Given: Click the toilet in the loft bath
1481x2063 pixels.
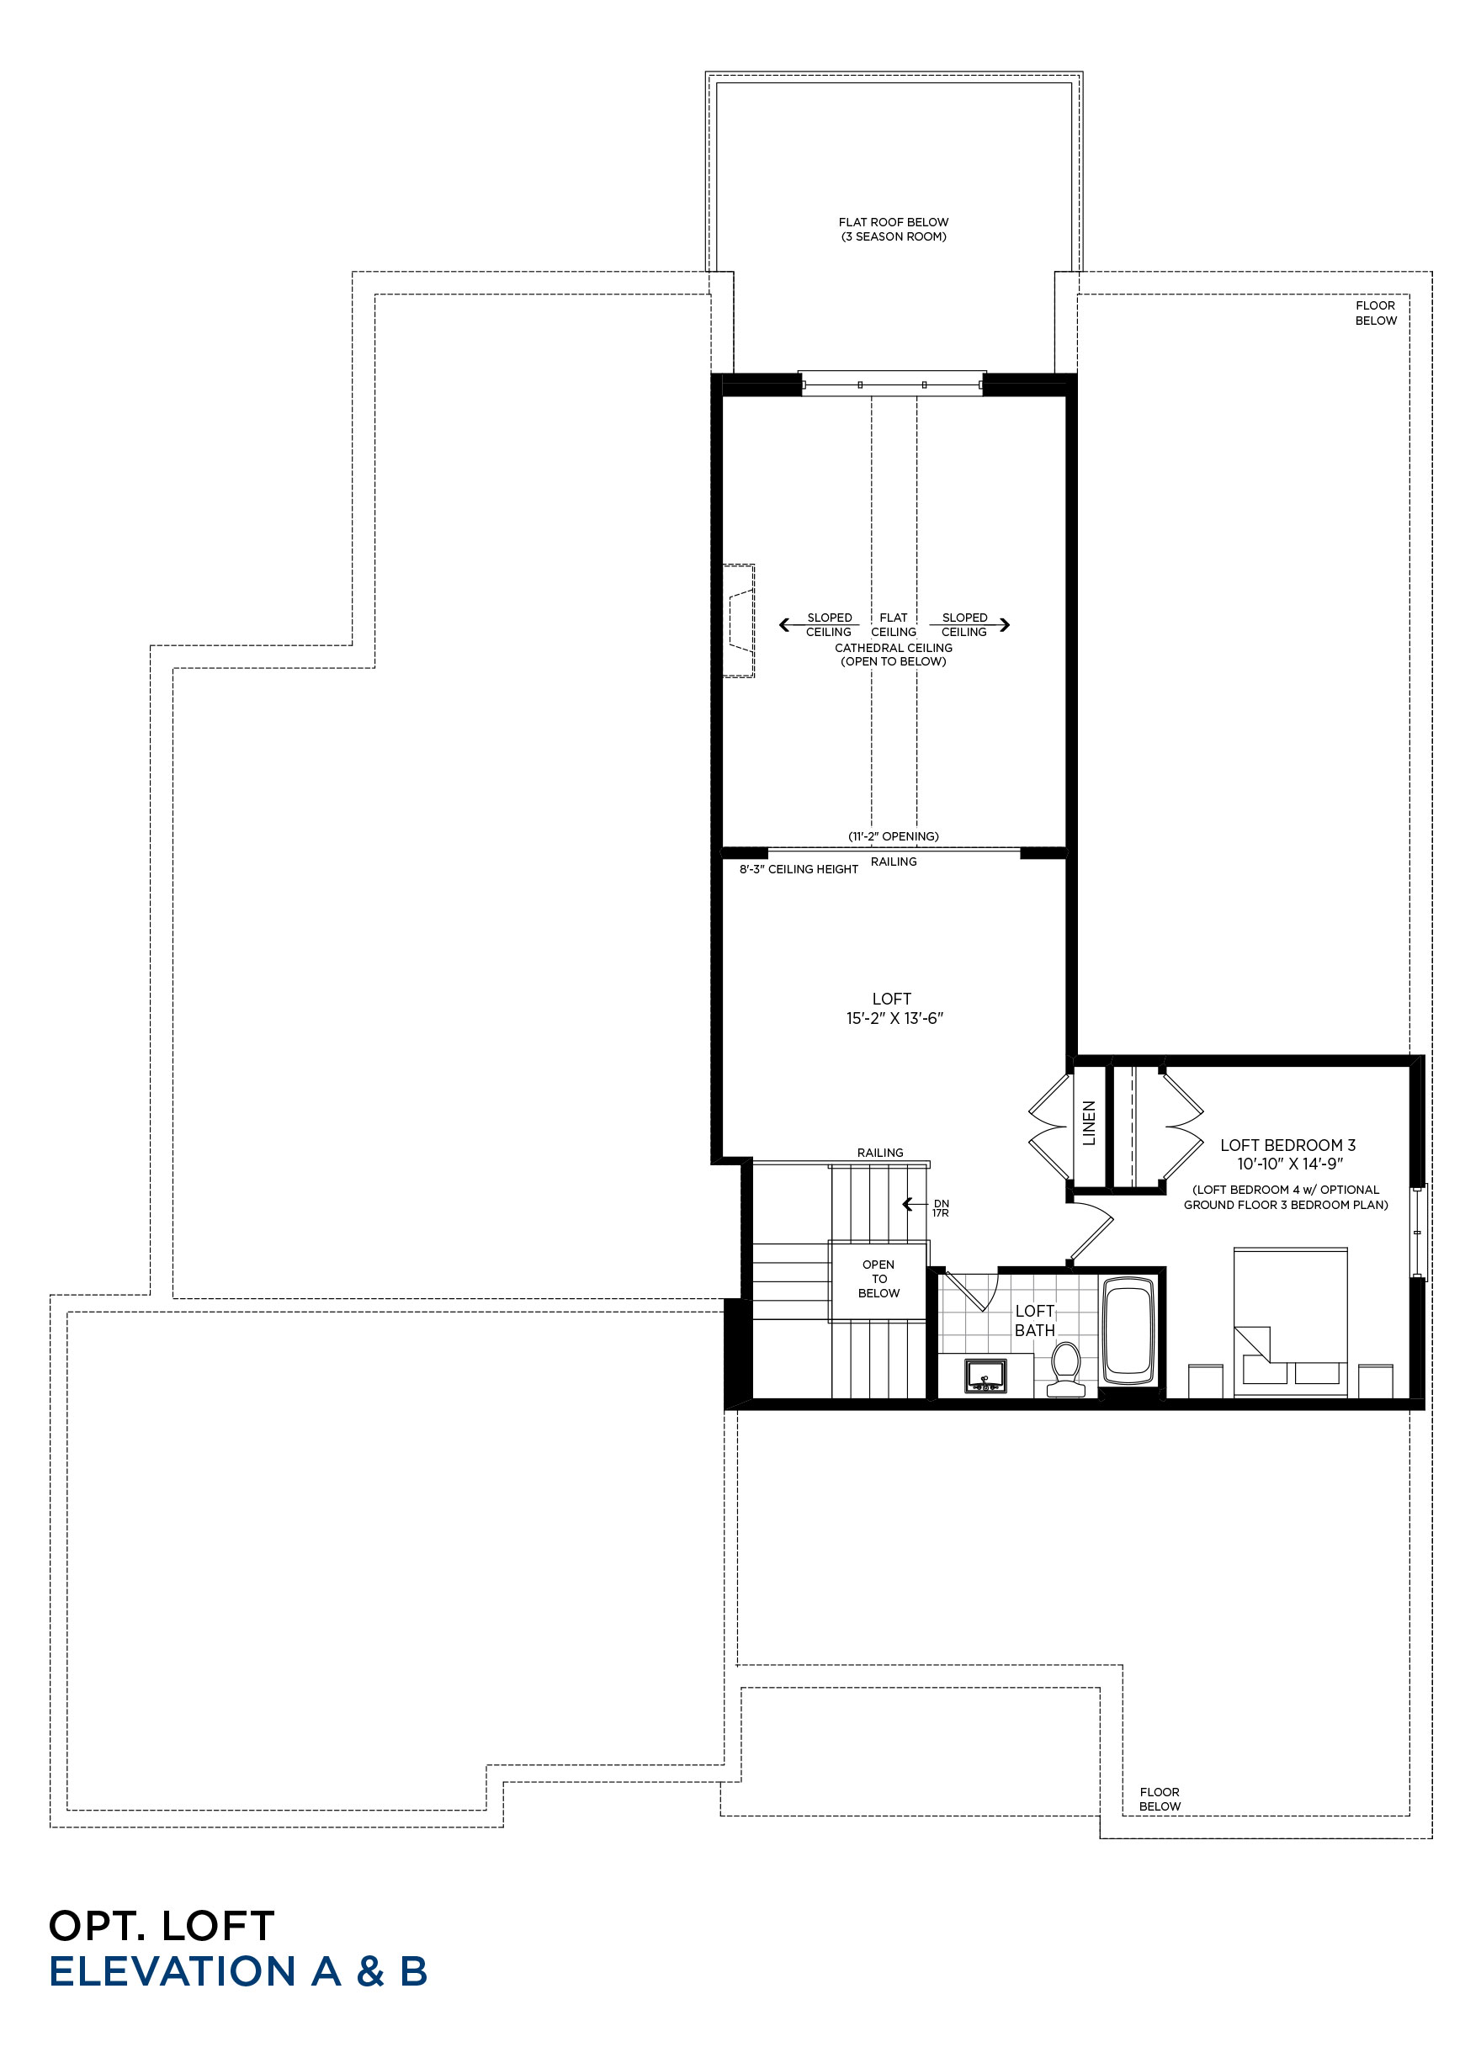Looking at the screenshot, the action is click(1065, 1369).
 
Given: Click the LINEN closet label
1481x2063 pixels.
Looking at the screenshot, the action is click(1089, 1122).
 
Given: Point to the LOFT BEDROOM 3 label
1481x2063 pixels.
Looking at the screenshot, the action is click(1287, 1145).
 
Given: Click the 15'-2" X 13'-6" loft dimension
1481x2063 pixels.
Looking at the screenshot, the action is click(894, 1018).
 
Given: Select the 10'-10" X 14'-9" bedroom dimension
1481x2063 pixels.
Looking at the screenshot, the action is click(1290, 1164).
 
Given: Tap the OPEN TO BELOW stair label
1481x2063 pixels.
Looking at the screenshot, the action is click(879, 1278).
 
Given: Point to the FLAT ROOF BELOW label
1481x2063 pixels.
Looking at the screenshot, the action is click(894, 222).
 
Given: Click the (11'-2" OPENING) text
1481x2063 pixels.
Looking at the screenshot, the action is click(894, 836).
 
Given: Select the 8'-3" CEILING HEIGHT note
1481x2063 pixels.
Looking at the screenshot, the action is click(799, 870).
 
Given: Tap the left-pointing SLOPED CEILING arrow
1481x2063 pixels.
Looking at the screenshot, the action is click(819, 625).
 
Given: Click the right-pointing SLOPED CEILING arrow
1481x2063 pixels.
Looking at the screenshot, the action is click(969, 625).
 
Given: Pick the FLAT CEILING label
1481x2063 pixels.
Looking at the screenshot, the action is click(894, 625).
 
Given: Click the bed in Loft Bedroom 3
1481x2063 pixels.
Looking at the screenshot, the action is click(1290, 1322).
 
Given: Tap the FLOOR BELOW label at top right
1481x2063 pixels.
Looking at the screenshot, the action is click(1377, 313).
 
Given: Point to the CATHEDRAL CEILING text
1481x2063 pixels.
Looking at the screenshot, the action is click(894, 648).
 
